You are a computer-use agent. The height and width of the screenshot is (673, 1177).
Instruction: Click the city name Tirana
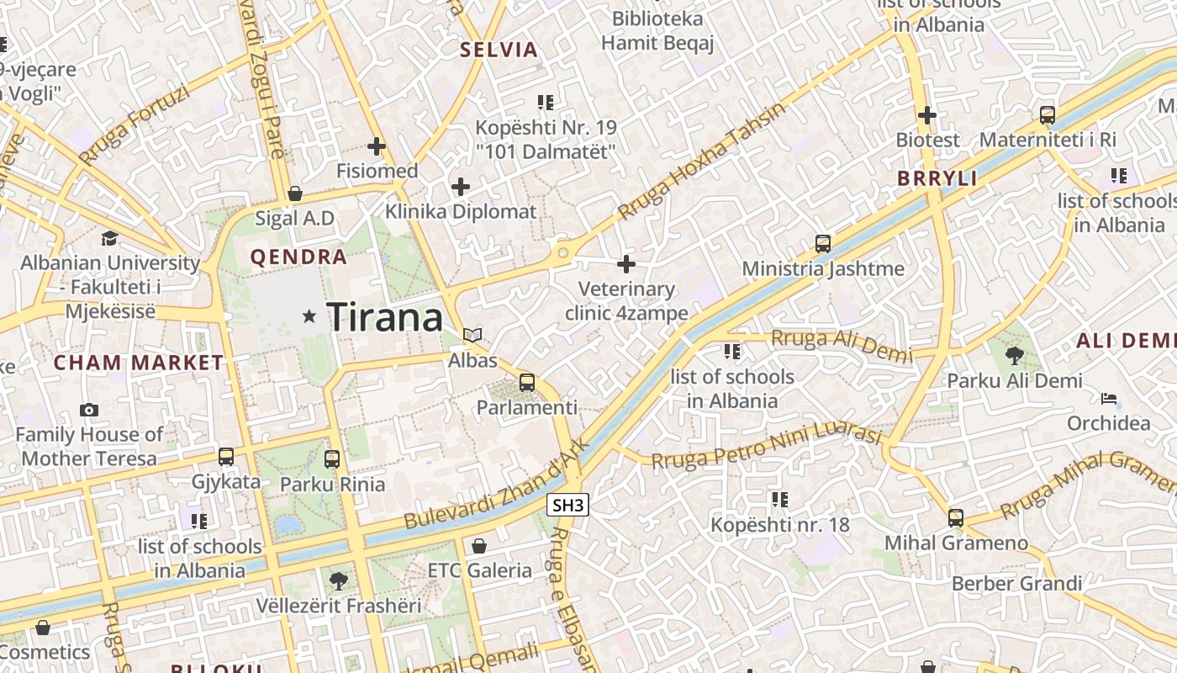coord(384,317)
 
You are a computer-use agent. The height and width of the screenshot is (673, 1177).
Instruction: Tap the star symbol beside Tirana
coord(309,316)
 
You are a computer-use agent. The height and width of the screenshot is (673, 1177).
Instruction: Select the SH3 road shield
coord(567,505)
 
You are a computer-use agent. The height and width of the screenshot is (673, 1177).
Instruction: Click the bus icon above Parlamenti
coord(527,383)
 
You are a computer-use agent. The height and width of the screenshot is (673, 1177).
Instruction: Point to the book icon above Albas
coord(473,336)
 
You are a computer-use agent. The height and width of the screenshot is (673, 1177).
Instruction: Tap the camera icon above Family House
coord(89,410)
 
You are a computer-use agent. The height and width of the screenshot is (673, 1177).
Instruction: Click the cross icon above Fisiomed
coord(377,146)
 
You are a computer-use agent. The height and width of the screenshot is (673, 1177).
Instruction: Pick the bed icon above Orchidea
coord(1109,398)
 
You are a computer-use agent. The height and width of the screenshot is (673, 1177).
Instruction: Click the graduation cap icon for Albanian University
coord(109,238)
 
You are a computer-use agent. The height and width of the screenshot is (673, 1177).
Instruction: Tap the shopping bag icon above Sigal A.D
coord(295,193)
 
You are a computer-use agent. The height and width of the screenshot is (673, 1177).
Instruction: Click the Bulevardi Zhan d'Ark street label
coord(494,486)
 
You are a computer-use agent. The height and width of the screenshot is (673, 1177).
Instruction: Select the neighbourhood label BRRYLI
coord(937,178)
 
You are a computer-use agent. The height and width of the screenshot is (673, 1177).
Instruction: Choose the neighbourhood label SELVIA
coord(499,50)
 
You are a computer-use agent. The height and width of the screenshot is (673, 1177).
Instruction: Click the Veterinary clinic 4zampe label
coord(626,301)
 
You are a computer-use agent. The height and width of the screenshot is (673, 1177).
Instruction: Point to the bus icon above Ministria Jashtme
coord(823,244)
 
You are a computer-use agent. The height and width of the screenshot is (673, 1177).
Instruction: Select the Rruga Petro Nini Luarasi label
coord(766,448)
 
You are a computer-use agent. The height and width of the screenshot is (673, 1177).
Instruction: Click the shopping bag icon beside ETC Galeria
coord(479,546)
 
